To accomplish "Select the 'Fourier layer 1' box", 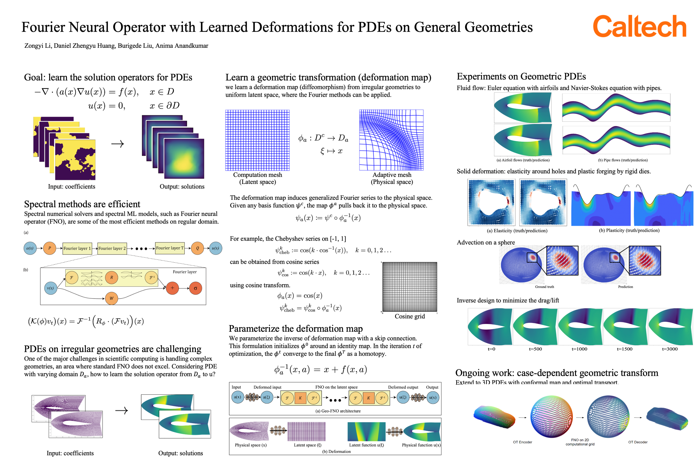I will point(77,248).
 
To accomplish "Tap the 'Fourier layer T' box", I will point(170,248).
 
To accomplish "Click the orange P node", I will point(50,248).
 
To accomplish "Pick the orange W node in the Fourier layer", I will point(111,298).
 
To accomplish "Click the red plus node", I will point(172,288).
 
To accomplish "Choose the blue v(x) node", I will point(51,288).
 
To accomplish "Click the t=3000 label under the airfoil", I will point(670,349).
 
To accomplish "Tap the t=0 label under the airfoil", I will point(491,349).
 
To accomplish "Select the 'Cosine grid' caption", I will point(410,316).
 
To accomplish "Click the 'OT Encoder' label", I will point(522,442).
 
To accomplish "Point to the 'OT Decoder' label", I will point(637,442).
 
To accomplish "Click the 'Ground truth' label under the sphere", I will point(544,287).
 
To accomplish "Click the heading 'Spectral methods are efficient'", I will point(82,204).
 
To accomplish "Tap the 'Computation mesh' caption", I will point(257,175).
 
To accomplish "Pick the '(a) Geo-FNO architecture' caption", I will point(338,411).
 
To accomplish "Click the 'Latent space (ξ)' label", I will point(307,445).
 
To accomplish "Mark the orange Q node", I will point(197,248).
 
